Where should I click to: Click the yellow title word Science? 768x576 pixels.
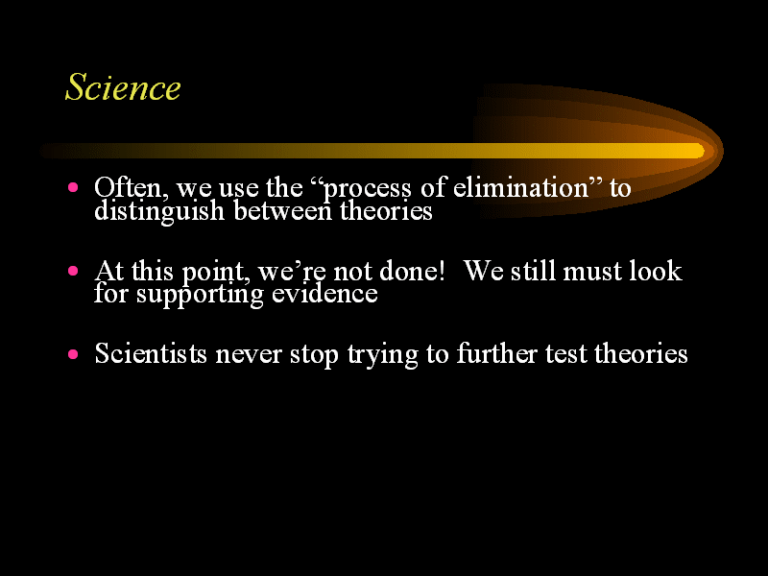click(x=123, y=87)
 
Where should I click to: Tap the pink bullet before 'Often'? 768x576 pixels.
click(x=73, y=187)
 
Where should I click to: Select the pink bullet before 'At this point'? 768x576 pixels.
click(x=73, y=271)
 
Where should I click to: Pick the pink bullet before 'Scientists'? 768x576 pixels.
click(x=73, y=353)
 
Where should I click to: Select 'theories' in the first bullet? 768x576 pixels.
click(x=386, y=210)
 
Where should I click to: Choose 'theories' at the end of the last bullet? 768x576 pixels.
click(x=640, y=353)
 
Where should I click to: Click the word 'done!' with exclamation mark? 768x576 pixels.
click(x=412, y=271)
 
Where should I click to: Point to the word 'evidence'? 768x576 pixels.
click(x=324, y=294)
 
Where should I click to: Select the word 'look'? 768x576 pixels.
click(x=656, y=271)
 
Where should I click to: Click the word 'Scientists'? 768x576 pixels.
click(x=151, y=353)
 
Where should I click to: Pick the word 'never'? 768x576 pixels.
click(x=249, y=355)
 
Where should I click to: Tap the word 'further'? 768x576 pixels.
click(x=496, y=353)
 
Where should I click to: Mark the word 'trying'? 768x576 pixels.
click(x=382, y=355)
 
